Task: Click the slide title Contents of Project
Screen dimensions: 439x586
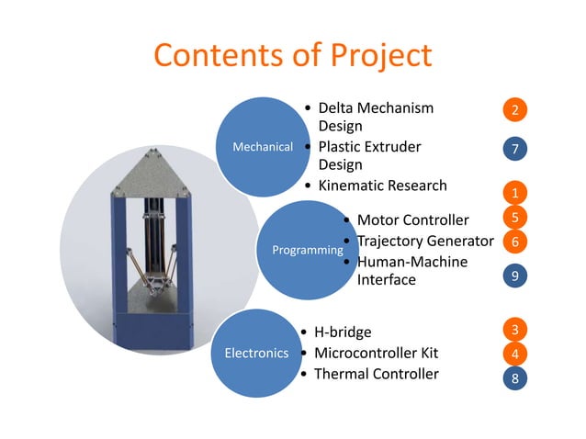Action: click(292, 55)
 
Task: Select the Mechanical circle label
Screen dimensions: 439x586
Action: click(262, 146)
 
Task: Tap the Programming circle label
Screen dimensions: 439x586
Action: click(302, 249)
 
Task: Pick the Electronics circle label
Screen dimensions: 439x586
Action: click(256, 353)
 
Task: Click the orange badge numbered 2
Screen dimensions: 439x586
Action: click(515, 110)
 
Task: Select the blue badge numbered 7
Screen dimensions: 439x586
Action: click(515, 148)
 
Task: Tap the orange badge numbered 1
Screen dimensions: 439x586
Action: click(515, 193)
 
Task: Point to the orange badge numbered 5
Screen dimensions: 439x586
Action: click(515, 218)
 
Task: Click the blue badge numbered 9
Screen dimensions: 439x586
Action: click(515, 276)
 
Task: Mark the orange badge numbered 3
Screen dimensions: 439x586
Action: click(515, 329)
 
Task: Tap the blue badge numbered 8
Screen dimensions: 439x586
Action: click(515, 377)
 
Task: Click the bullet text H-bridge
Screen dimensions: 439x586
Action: click(343, 332)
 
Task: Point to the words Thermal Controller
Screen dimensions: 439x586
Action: click(376, 374)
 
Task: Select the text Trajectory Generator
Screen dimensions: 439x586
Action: click(425, 242)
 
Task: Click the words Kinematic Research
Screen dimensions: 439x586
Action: click(382, 186)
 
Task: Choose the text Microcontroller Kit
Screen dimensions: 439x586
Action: click(376, 353)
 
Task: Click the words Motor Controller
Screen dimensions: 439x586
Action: click(412, 219)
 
